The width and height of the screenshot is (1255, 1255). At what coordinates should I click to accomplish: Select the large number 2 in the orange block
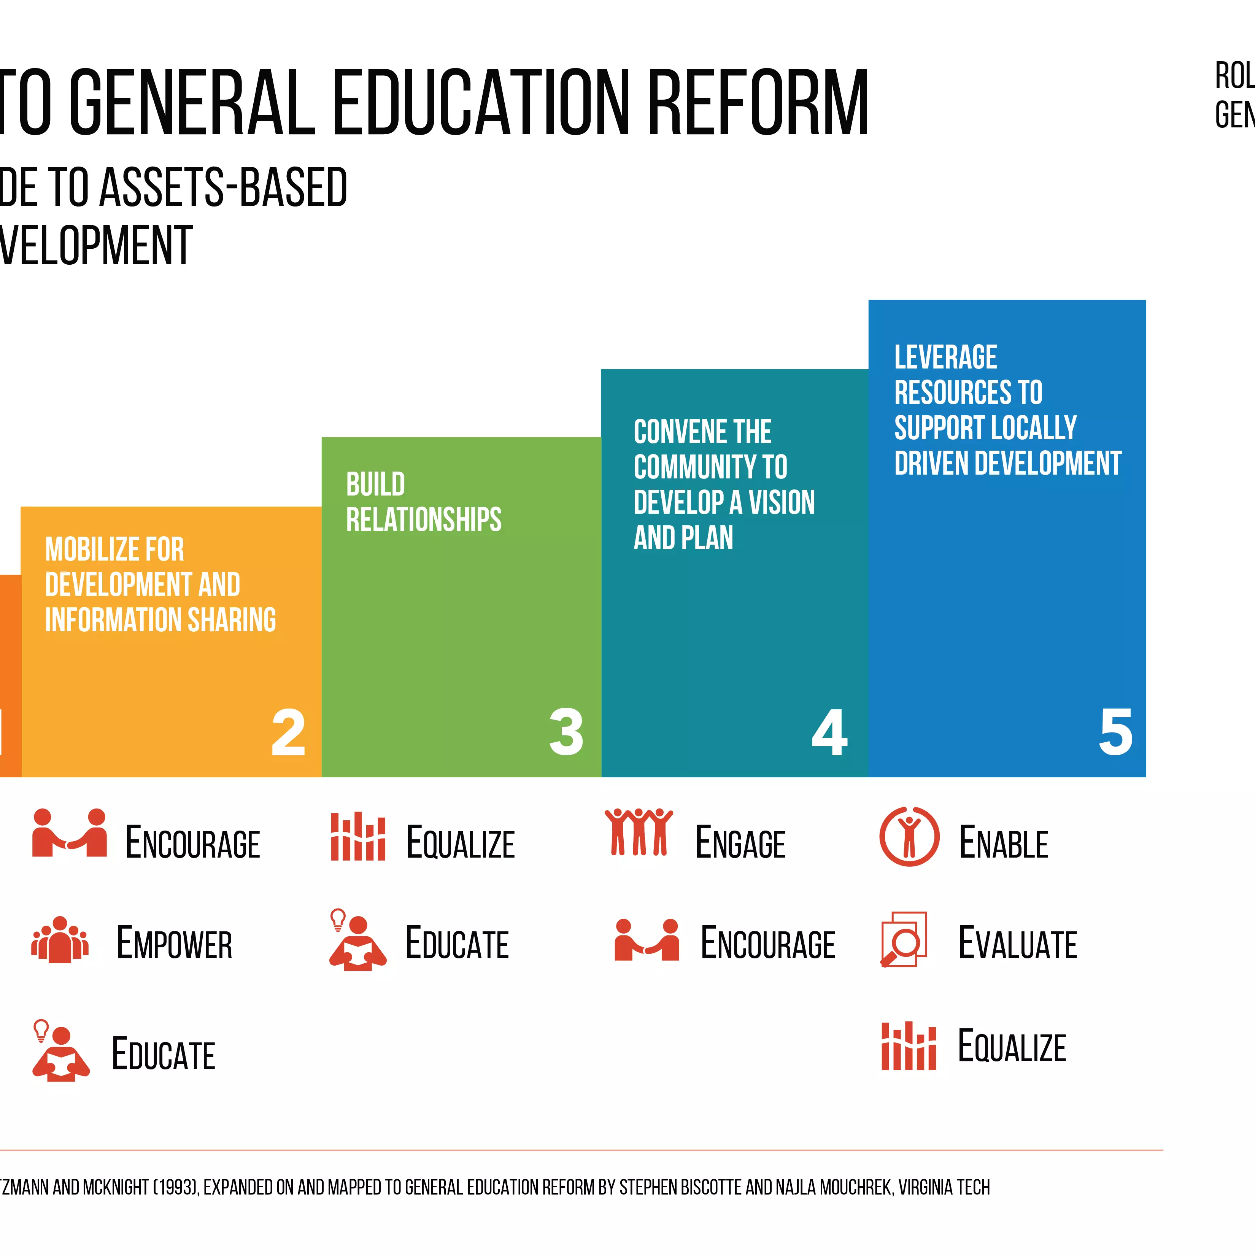pyautogui.click(x=288, y=733)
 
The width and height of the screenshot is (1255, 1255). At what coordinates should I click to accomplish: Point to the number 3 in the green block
pyautogui.click(x=566, y=733)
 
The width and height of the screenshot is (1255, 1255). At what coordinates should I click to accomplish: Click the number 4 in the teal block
pyautogui.click(x=829, y=733)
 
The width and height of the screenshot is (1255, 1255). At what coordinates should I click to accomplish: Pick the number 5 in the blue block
pyautogui.click(x=1115, y=733)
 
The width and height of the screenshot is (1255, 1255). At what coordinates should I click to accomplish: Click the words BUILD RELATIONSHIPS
pyautogui.click(x=424, y=502)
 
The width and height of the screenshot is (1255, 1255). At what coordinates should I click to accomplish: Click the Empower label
pyautogui.click(x=174, y=943)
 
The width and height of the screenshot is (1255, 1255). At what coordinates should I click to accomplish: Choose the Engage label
pyautogui.click(x=740, y=843)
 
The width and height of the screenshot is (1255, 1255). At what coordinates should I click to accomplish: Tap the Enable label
pyautogui.click(x=1004, y=843)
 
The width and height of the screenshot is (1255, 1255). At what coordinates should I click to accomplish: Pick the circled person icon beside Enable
pyautogui.click(x=909, y=837)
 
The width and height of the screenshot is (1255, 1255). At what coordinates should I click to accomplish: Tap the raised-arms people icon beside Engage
pyautogui.click(x=639, y=832)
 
